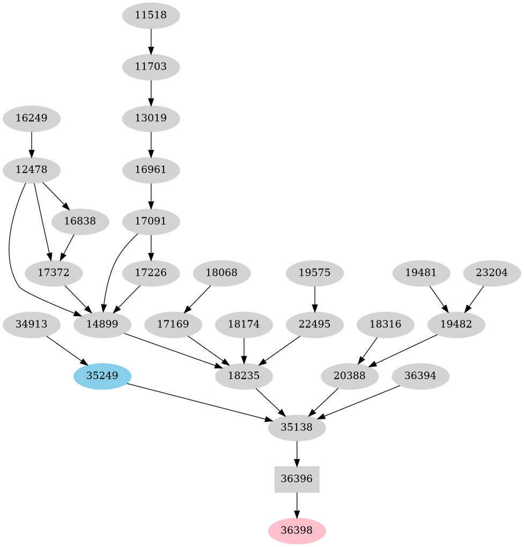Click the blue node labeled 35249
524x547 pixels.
102,376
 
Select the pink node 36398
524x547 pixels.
297,531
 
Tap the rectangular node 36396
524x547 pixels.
297,479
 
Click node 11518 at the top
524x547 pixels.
151,15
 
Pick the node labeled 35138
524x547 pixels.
297,428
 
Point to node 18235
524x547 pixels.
244,376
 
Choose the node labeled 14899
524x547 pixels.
102,324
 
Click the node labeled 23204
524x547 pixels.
491,273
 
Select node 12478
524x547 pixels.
31,170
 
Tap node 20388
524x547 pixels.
350,376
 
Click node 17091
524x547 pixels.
151,221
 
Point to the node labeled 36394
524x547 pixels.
421,376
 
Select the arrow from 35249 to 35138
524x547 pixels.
198,402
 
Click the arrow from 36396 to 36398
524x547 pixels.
297,505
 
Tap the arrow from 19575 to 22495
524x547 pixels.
314,298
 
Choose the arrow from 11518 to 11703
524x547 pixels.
151,41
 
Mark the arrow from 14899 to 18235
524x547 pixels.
172,350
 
